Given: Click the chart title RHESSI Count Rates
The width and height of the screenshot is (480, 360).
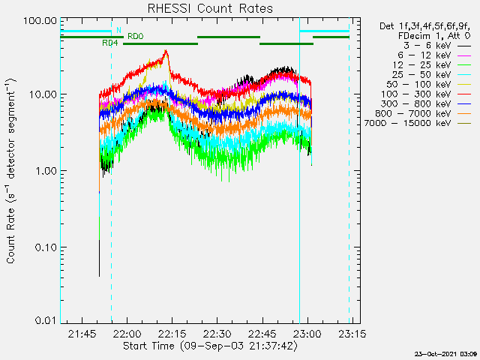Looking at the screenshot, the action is point(210,8).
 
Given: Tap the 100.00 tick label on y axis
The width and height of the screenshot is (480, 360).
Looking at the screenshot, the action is point(40,21).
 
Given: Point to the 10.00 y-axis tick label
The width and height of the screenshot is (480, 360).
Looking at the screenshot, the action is point(43,94).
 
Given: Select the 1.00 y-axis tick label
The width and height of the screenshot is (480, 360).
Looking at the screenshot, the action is point(46,171).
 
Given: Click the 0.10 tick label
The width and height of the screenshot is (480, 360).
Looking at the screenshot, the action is point(46,247).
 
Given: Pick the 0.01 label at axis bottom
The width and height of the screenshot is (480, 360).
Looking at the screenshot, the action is point(46,320).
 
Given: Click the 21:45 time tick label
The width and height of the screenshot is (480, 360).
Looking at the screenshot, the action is point(82,334).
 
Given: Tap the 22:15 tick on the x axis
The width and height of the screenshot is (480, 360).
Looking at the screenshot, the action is point(172,334).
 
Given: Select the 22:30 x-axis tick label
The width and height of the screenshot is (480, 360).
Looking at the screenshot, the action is point(217,334).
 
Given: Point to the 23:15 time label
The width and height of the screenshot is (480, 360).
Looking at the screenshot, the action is point(352,334).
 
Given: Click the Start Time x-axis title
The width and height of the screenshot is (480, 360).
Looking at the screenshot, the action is point(210,346).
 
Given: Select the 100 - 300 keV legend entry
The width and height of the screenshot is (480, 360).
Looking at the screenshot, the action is point(425,94).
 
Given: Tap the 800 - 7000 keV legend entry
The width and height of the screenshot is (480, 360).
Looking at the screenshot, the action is point(423,113).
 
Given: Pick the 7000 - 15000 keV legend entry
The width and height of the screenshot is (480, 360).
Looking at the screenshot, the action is point(418,123).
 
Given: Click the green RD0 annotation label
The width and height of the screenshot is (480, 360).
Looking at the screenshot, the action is point(135,37).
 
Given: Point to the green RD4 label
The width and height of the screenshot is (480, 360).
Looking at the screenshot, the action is point(110,43).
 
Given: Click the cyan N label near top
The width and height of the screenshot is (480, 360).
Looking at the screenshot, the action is point(118,30).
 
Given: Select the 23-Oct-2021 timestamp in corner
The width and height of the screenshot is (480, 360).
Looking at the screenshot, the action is point(445,354).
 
